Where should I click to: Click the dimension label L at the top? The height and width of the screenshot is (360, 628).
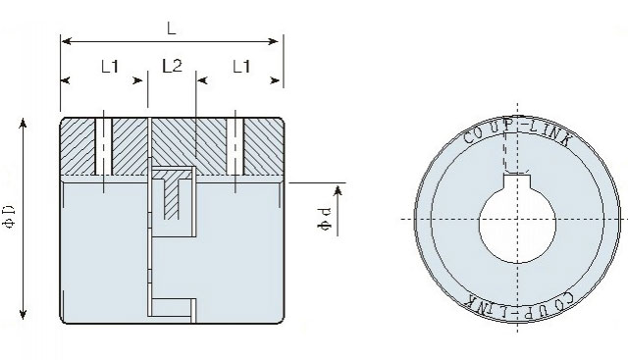point(172,28)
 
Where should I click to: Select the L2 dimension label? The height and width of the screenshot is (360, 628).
point(173,66)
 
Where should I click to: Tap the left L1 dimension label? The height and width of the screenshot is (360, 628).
point(110,67)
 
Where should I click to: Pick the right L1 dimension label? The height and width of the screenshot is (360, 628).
point(241,67)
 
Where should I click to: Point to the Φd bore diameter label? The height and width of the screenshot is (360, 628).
point(325,219)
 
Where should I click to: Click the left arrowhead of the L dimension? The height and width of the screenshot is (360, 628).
point(67,41)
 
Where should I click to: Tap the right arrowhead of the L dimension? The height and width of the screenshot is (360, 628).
point(274,41)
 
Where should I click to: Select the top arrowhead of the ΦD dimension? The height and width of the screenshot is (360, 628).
point(23,123)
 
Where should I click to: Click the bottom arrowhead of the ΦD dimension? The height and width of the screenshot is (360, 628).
point(23,314)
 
